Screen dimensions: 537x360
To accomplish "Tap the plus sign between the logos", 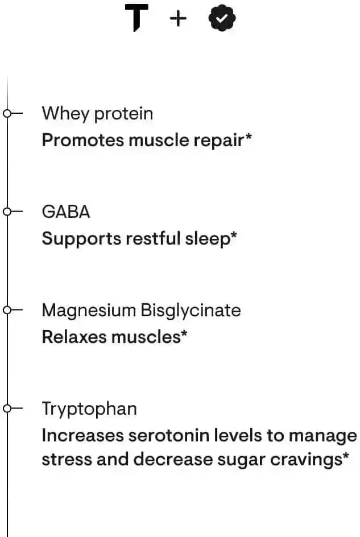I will (x=178, y=19).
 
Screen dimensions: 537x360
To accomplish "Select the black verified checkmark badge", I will (x=222, y=19).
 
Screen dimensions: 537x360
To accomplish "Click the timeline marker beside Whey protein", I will (x=7, y=113).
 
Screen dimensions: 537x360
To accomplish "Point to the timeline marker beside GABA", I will (x=7, y=212).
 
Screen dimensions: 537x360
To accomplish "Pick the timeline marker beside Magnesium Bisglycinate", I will (x=7, y=310).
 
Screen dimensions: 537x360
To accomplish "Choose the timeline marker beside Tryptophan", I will (x=7, y=408).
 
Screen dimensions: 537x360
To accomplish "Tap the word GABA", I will (x=66, y=212).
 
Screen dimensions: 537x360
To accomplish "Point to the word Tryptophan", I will (x=89, y=409).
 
